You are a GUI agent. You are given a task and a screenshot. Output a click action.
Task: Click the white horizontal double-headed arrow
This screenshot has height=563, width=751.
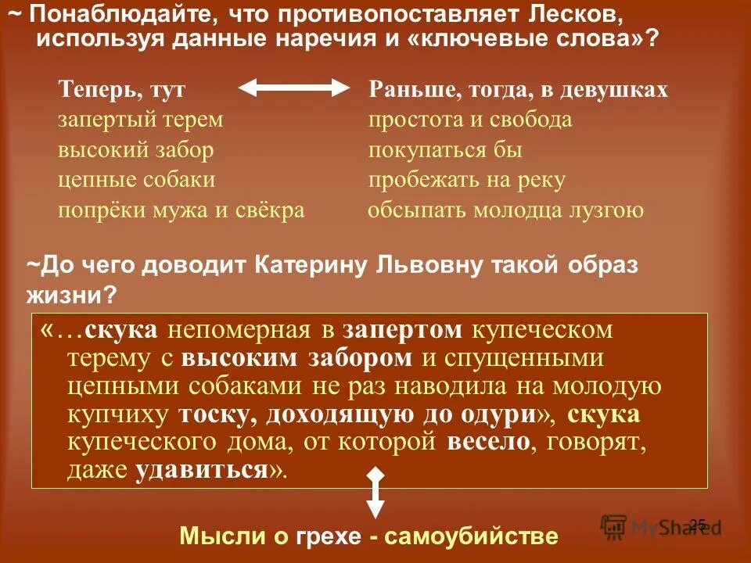[294, 89]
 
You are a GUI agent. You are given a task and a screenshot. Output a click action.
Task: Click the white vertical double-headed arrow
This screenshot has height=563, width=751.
[375, 492]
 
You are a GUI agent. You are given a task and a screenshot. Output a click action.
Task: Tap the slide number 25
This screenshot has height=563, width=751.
[698, 524]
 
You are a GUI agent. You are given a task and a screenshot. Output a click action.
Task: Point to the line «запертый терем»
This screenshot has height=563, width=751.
[141, 120]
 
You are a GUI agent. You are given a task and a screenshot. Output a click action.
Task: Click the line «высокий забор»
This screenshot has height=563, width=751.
[135, 150]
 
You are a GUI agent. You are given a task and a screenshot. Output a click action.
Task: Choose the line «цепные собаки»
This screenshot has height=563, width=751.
[137, 180]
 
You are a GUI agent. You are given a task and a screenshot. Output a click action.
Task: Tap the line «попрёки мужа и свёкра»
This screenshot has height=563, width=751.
[181, 210]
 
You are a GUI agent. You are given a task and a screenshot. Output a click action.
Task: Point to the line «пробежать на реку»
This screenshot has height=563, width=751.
[467, 180]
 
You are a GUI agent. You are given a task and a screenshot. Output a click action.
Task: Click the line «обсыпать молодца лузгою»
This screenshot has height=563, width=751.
[505, 210]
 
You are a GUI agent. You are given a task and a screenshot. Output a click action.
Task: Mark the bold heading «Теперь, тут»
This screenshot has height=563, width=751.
[121, 90]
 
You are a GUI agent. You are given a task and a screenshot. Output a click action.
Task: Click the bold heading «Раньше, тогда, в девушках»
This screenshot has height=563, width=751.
[518, 90]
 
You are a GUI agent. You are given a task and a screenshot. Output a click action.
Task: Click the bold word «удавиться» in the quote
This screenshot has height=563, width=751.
[202, 470]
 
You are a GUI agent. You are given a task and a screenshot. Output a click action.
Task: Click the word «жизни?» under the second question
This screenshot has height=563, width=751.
[72, 295]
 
